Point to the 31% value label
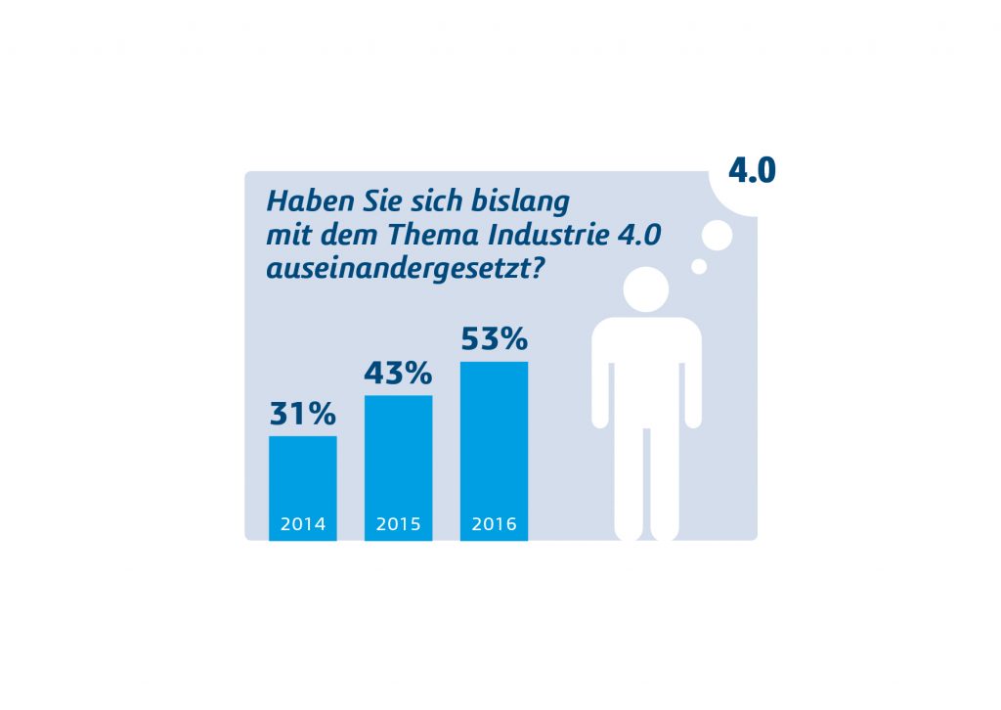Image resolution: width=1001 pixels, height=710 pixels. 303,414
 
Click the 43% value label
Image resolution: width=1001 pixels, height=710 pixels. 398,373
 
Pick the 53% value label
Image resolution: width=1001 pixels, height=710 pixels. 494,339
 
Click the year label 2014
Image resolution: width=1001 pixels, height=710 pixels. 303,524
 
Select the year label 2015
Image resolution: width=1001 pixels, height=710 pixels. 399,524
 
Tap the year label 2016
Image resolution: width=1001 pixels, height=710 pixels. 494,524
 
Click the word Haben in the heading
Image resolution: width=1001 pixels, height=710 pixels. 300,200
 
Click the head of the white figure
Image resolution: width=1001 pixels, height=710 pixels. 646,289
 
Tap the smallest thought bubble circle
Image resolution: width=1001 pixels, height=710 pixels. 699,266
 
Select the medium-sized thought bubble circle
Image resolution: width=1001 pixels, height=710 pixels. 718,236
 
